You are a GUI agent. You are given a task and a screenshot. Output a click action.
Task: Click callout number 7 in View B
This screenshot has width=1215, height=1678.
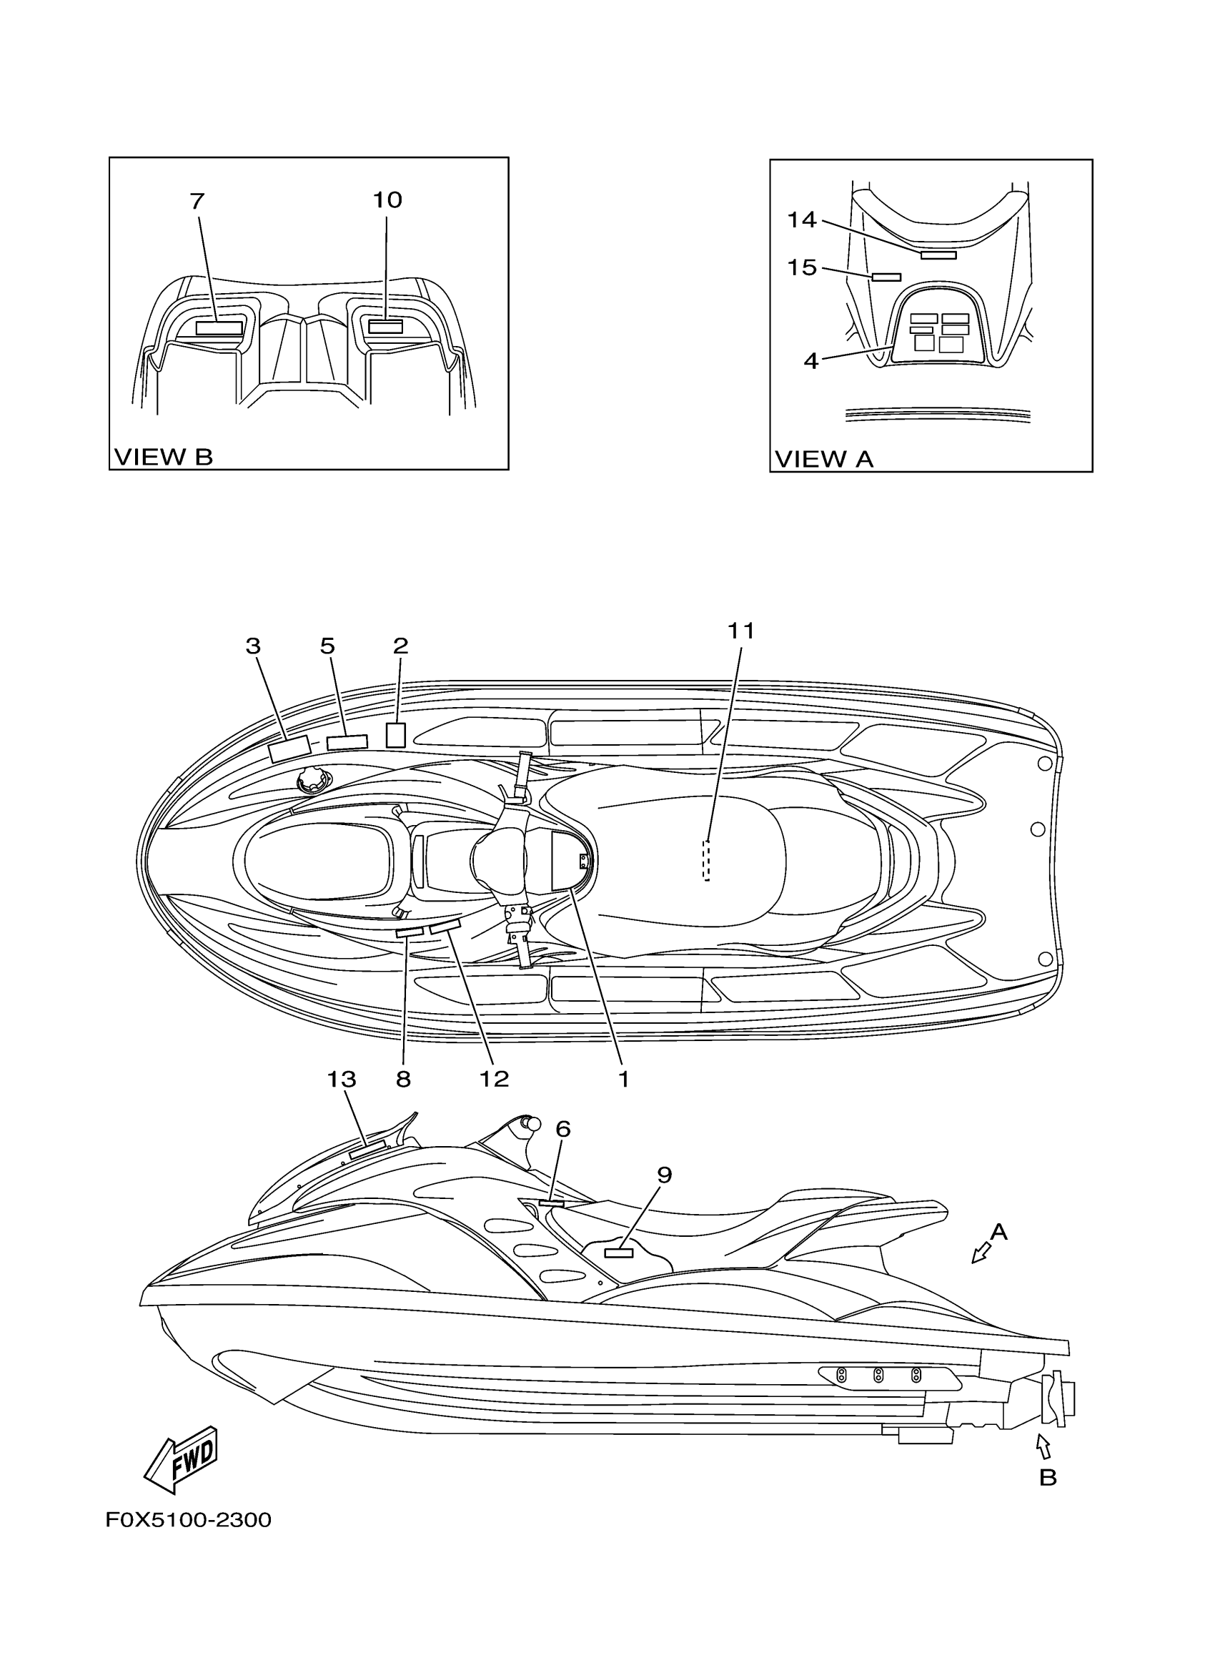(197, 201)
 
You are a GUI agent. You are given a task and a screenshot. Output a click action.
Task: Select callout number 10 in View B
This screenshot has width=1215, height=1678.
(387, 199)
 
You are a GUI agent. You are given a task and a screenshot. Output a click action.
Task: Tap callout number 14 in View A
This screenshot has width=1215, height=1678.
(802, 219)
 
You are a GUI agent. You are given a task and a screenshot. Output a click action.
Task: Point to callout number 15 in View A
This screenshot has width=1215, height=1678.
(802, 267)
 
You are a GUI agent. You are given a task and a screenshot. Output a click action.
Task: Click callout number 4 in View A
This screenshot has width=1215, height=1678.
(811, 361)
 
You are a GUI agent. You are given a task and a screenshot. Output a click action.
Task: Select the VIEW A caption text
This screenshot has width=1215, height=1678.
(824, 460)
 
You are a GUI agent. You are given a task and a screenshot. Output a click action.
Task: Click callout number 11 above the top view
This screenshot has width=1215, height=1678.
(741, 631)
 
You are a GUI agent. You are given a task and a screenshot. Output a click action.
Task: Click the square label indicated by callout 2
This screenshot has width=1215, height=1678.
(396, 736)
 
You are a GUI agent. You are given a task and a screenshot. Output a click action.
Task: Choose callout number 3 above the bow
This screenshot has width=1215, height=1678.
(253, 646)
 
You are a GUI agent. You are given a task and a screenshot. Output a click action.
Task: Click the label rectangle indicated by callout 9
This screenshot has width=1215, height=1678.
(618, 1253)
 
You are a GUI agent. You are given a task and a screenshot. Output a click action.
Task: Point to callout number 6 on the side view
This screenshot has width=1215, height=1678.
(562, 1129)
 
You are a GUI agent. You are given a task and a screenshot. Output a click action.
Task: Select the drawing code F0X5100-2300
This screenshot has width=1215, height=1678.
(189, 1520)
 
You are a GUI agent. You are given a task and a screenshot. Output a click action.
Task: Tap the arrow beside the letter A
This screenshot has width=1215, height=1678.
(980, 1253)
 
